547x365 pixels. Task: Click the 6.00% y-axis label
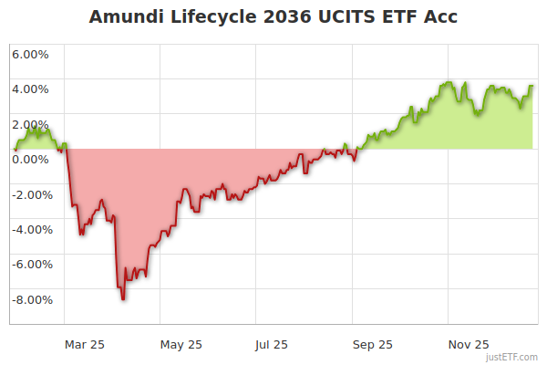click(30, 54)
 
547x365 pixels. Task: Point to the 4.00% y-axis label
click(30, 89)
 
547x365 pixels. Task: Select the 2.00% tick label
click(30, 125)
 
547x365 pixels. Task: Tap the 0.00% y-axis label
click(30, 160)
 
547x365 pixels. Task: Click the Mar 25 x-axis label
click(84, 344)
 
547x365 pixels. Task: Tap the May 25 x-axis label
click(181, 344)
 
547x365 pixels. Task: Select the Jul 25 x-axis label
click(271, 344)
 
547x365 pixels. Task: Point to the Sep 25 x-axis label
click(373, 344)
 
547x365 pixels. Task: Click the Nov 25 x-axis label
click(470, 344)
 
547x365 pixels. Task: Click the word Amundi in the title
click(126, 17)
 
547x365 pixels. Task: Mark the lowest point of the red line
click(122, 298)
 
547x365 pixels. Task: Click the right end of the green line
click(532, 87)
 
